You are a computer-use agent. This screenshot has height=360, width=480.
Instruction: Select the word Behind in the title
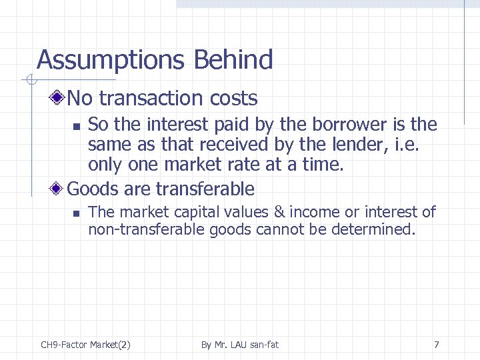pyautogui.click(x=233, y=60)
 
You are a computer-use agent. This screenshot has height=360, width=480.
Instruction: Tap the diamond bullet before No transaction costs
pyautogui.click(x=59, y=99)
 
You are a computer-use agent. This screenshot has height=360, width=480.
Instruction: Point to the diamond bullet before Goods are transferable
pyautogui.click(x=59, y=189)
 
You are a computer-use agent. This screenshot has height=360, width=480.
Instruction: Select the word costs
pyautogui.click(x=233, y=99)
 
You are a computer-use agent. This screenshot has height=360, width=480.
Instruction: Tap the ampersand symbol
pyautogui.click(x=279, y=213)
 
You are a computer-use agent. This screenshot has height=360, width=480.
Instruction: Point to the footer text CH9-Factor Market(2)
pyautogui.click(x=85, y=345)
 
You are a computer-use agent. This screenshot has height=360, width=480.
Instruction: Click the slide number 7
pyautogui.click(x=436, y=345)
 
